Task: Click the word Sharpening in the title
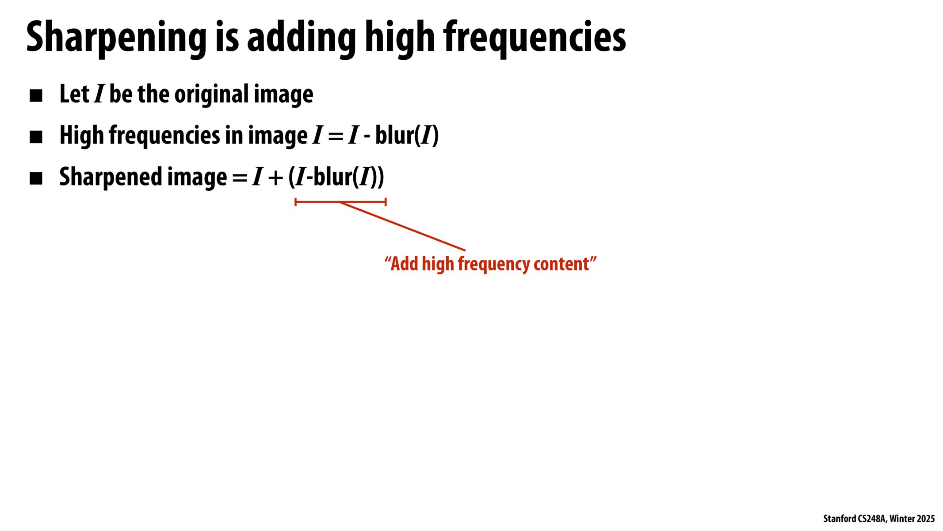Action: coord(116,38)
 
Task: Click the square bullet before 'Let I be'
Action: coord(36,96)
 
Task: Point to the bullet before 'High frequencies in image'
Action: coord(36,137)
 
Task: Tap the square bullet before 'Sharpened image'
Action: coord(36,179)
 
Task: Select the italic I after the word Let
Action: coord(99,94)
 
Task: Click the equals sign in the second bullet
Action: coord(336,136)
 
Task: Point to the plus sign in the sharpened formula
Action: coord(275,178)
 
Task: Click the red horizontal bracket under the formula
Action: coord(340,202)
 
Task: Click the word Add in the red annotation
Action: coord(404,264)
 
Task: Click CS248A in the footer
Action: coord(872,519)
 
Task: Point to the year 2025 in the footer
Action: coord(926,519)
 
